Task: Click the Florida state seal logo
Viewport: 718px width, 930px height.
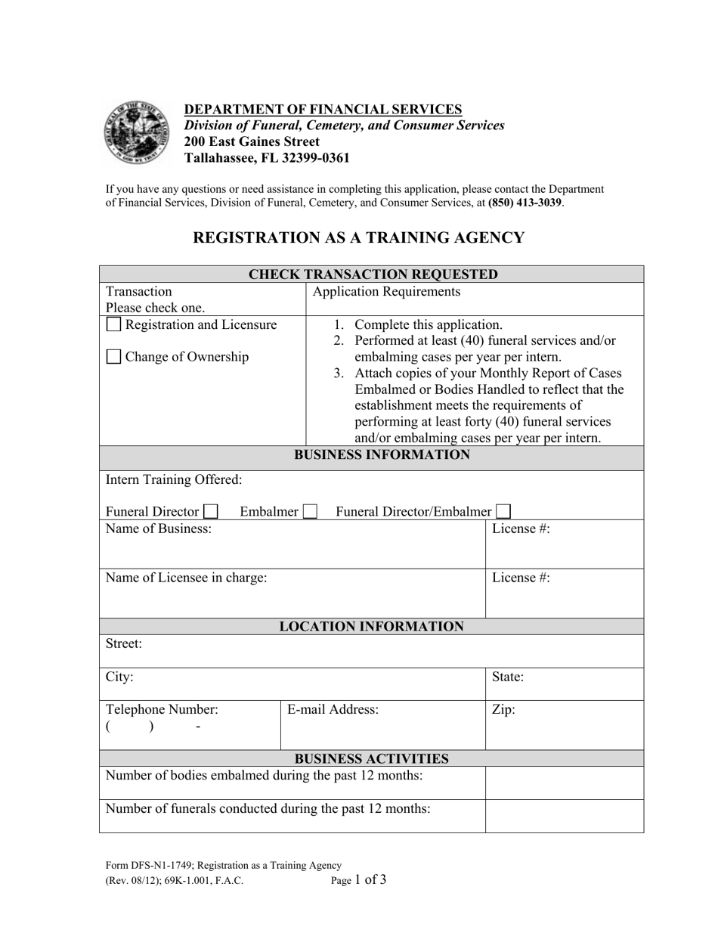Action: tap(136, 133)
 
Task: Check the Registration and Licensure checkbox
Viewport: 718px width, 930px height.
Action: tap(113, 325)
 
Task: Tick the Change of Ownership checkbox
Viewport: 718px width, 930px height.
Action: tap(113, 358)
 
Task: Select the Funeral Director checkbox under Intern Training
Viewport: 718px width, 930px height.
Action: tap(211, 512)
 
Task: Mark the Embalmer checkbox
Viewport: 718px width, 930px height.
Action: tap(309, 512)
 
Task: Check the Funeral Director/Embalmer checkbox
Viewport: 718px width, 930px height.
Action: tap(503, 512)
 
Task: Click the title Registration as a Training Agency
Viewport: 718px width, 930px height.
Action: tap(358, 237)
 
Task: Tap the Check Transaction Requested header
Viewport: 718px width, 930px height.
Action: tap(373, 274)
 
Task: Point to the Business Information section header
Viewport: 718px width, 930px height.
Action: tap(382, 455)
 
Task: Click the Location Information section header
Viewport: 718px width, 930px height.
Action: tap(372, 626)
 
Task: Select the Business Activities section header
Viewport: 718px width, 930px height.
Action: tap(371, 758)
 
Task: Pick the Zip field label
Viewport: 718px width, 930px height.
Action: tap(503, 710)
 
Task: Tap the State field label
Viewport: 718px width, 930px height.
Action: tap(508, 677)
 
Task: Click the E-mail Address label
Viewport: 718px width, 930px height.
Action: tap(333, 710)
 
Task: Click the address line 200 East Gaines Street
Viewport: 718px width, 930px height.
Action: tap(252, 141)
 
